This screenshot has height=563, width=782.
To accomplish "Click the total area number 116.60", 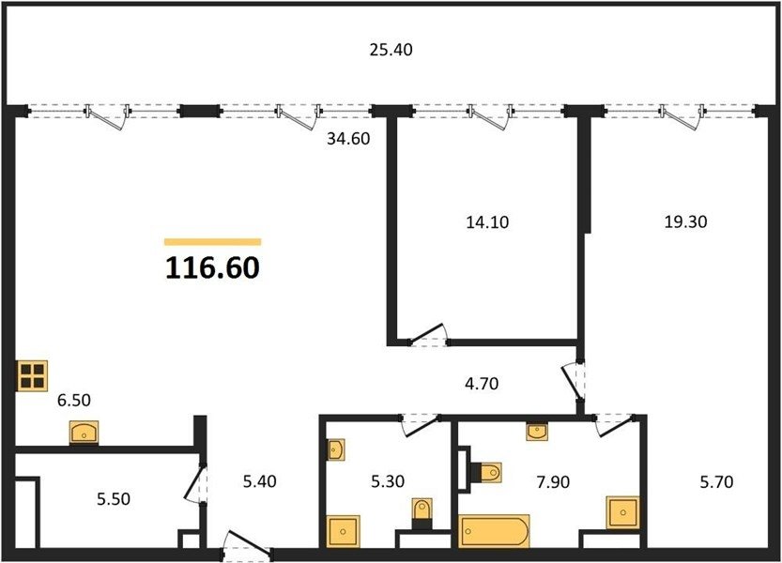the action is [212, 267].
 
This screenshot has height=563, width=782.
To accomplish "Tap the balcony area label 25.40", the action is [391, 50].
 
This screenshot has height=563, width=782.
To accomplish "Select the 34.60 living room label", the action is [348, 139].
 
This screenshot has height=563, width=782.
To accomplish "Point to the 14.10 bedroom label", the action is [487, 221].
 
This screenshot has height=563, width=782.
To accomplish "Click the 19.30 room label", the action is [685, 221].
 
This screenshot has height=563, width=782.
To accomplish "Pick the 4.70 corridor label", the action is [482, 384].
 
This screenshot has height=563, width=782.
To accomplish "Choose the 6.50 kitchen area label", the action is [74, 400].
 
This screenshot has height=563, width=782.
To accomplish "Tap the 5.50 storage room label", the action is [114, 498].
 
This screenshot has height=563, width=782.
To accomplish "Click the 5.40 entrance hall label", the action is [259, 481].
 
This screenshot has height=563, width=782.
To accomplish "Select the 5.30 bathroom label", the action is [388, 481].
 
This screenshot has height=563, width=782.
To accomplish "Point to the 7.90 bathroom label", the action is [553, 482].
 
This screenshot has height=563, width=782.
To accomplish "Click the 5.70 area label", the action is [716, 481].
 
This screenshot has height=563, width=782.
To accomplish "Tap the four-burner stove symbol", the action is [33, 375].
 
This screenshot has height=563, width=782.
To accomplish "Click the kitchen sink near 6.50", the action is [84, 433].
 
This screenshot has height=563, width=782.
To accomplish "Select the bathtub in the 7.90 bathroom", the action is [494, 531].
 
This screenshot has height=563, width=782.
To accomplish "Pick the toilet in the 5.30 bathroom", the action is [422, 513].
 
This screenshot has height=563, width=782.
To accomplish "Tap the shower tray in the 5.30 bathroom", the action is [344, 532].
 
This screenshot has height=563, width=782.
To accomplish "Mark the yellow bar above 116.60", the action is [213, 242].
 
